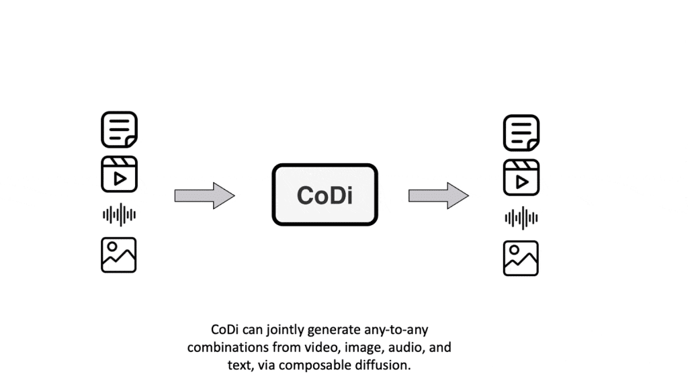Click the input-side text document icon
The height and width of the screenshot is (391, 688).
pos(119,130)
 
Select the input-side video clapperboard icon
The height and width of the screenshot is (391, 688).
pos(119,174)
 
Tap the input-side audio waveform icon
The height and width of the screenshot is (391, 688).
pos(119,215)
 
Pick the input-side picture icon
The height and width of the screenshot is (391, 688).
pos(119,255)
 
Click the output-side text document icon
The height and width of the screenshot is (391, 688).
pos(521,133)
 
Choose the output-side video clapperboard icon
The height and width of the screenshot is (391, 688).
pos(521,177)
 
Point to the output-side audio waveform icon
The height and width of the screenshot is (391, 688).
pos(521,218)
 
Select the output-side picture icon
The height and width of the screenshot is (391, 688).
pos(521,258)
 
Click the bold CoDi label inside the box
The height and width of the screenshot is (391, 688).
pos(325,195)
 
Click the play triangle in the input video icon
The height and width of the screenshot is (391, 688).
pos(120,179)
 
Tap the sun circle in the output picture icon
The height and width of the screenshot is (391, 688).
pos(515,250)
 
